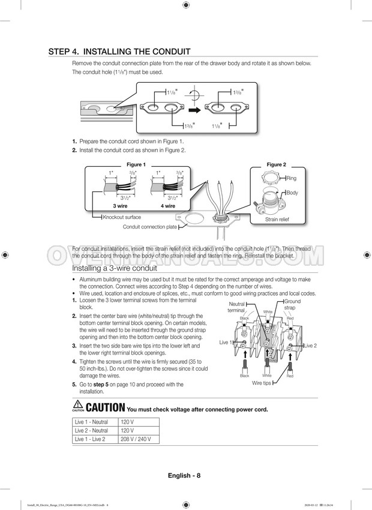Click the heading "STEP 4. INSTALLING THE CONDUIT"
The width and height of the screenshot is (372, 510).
pyautogui.click(x=119, y=52)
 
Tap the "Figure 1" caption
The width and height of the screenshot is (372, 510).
pyautogui.click(x=135, y=164)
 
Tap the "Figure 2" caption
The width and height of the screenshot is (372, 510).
pyautogui.click(x=276, y=164)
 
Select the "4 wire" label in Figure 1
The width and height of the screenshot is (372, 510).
pyautogui.click(x=167, y=206)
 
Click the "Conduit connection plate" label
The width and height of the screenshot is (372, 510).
pyautogui.click(x=150, y=227)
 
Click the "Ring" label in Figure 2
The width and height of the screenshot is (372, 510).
pyautogui.click(x=292, y=178)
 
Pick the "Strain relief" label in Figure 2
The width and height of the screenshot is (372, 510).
pyautogui.click(x=277, y=220)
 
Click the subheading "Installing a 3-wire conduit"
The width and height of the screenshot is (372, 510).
pyautogui.click(x=115, y=268)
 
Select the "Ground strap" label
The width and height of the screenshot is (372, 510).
pyautogui.click(x=292, y=304)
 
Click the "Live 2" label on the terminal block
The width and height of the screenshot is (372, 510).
pyautogui.click(x=310, y=346)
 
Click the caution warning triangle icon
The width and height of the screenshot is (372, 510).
pyautogui.click(x=77, y=406)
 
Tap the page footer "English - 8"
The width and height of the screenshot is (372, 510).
pyautogui.click(x=184, y=476)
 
